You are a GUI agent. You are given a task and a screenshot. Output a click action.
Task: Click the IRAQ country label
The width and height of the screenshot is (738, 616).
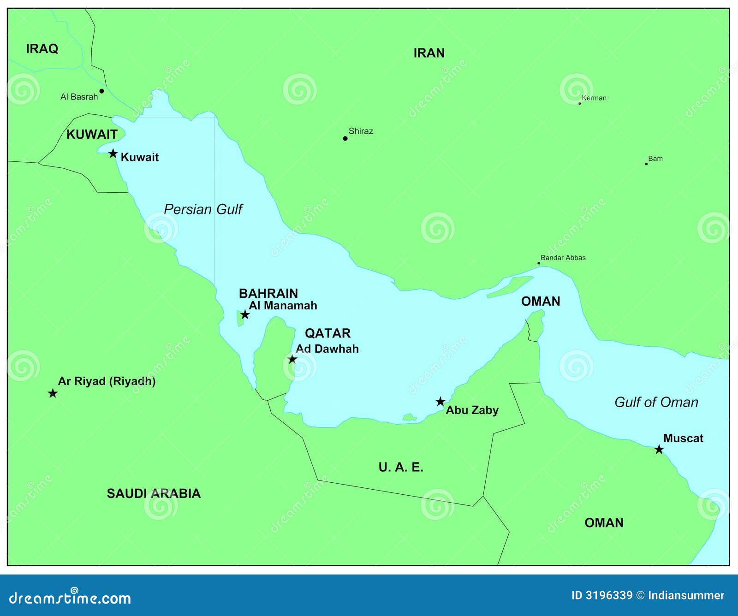(x=42, y=49)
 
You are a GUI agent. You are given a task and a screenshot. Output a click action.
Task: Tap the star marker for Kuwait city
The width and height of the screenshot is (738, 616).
(x=113, y=154)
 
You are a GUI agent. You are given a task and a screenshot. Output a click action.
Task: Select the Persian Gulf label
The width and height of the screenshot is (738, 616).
(x=203, y=209)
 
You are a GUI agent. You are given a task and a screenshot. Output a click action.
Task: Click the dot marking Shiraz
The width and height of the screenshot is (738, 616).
(x=345, y=138)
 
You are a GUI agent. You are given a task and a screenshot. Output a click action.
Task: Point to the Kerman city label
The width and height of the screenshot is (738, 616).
(x=594, y=98)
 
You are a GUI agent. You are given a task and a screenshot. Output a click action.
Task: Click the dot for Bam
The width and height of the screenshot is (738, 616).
(x=646, y=164)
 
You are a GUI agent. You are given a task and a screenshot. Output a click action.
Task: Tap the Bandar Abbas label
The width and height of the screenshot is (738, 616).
(x=563, y=258)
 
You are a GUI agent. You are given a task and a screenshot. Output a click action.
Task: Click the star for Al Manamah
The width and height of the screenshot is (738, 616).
(x=245, y=315)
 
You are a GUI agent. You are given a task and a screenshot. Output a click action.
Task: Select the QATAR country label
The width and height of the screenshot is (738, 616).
(x=327, y=333)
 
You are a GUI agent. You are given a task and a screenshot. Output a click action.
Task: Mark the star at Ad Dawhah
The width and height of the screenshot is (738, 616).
(x=292, y=359)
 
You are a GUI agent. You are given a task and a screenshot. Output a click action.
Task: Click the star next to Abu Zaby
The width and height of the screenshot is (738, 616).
(x=440, y=402)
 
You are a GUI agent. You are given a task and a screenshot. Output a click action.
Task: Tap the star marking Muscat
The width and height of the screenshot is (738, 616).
(x=659, y=450)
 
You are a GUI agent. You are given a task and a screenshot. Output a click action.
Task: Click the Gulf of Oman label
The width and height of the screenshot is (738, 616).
(x=656, y=402)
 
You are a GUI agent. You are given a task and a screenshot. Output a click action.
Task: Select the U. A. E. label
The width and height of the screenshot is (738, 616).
(x=401, y=468)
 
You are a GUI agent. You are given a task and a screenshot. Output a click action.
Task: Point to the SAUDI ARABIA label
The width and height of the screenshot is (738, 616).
(x=154, y=494)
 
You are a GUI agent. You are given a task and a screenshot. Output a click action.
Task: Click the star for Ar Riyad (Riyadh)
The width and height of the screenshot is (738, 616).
(x=53, y=393)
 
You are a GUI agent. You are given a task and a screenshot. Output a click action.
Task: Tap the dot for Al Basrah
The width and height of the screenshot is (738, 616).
(x=102, y=91)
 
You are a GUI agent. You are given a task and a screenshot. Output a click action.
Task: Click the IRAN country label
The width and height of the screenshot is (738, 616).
(x=429, y=53)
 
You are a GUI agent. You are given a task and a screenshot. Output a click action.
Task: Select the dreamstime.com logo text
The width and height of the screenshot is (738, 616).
(x=70, y=598)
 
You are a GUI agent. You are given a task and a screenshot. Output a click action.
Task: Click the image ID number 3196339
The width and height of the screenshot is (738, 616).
(x=609, y=595)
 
